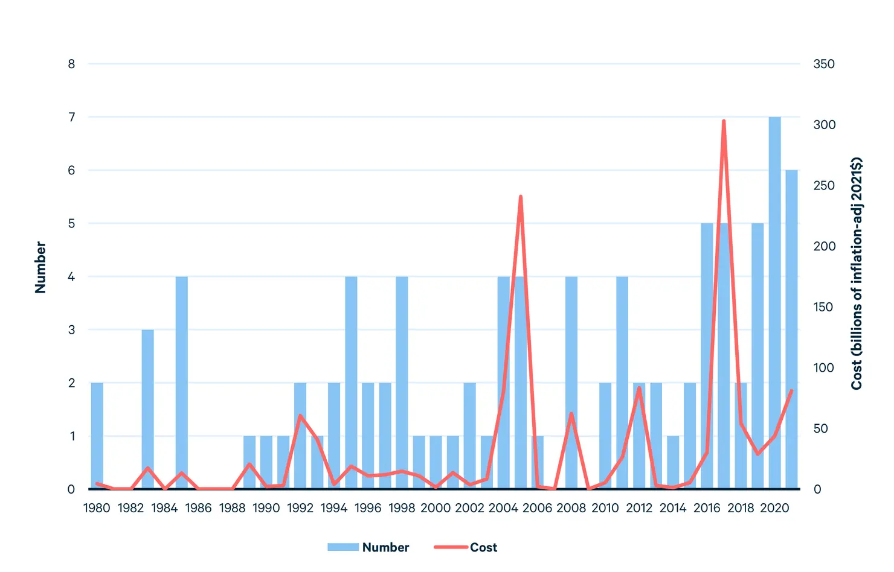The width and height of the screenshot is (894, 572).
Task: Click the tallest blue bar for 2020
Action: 774,302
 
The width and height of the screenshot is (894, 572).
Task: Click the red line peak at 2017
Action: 723,121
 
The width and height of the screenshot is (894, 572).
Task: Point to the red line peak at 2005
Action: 520,197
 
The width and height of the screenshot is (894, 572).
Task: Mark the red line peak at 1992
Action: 300,415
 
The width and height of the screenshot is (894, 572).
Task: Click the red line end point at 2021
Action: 791,391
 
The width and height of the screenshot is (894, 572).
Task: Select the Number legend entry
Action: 368,547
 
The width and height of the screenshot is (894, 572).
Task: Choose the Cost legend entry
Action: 466,547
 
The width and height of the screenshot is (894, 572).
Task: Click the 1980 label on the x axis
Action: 97,508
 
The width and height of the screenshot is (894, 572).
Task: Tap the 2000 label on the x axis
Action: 436,508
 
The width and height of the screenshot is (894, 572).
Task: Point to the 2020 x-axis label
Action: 774,508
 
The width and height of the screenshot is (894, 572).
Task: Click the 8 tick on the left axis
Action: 71,64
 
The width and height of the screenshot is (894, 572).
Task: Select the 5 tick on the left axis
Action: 71,223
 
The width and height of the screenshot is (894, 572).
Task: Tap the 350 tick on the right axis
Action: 824,64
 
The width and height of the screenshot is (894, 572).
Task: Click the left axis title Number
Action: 40,267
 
